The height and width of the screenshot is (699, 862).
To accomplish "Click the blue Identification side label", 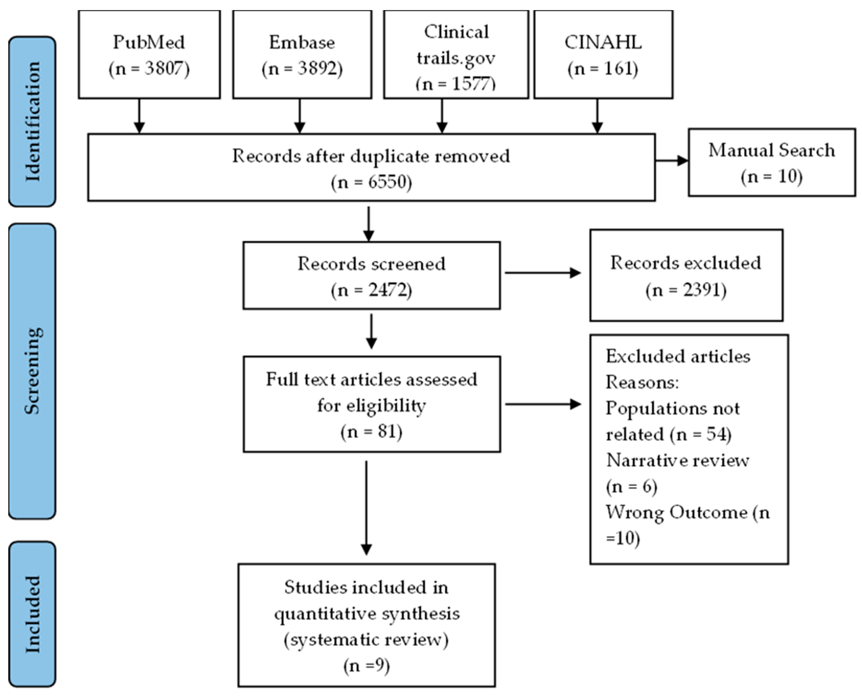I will click(x=32, y=122).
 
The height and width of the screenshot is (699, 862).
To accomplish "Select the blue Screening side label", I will click(x=32, y=371).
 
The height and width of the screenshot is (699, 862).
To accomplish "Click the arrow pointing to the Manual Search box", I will click(x=672, y=161).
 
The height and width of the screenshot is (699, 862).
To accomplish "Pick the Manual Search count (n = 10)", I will click(x=771, y=177).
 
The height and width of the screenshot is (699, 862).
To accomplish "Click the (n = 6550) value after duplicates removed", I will click(x=371, y=182).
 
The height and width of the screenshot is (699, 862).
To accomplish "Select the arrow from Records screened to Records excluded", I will click(x=543, y=273).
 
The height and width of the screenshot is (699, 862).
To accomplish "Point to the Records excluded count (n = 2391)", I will click(x=686, y=290).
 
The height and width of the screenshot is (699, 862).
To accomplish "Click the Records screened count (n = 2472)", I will click(x=371, y=290).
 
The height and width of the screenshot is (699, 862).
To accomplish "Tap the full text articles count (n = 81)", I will click(x=371, y=432).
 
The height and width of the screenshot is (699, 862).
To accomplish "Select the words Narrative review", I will click(x=678, y=460).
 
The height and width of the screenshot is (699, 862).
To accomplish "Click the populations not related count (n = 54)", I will click(x=701, y=435).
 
